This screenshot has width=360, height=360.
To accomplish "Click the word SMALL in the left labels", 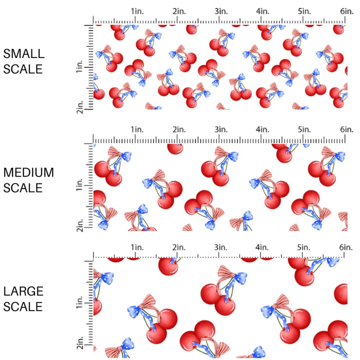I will pos(23,54).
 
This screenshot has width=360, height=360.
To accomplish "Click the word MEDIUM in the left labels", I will pos(28,172).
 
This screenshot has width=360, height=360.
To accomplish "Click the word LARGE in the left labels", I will pos(23,291).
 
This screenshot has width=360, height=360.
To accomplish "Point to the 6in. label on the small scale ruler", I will pos(347,11).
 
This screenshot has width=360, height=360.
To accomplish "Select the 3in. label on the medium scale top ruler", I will pos(221,130).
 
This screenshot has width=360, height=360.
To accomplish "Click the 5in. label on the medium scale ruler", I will pos(305,130).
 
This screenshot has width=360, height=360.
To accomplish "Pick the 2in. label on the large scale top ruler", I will pos(179,247).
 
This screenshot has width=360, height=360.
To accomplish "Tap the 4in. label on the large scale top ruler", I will pos(263,247).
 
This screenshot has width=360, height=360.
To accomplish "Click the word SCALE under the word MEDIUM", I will pos(23,188).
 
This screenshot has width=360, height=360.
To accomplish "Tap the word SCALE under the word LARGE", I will pos(23,306).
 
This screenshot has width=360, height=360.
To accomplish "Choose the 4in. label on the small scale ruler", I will pos(263,11).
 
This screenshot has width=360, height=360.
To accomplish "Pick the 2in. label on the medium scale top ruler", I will pos(179,130).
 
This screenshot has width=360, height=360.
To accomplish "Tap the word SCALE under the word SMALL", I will pos(23,69).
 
